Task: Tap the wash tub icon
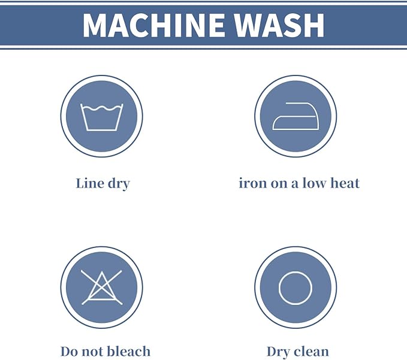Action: (x=102, y=117)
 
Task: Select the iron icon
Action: (x=296, y=116)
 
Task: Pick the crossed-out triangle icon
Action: (x=102, y=288)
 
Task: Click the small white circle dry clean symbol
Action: (x=296, y=288)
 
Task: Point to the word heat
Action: (x=345, y=183)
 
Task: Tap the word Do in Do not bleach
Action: (x=68, y=352)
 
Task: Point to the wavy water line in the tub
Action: (x=102, y=108)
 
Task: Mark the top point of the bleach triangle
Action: (x=102, y=272)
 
